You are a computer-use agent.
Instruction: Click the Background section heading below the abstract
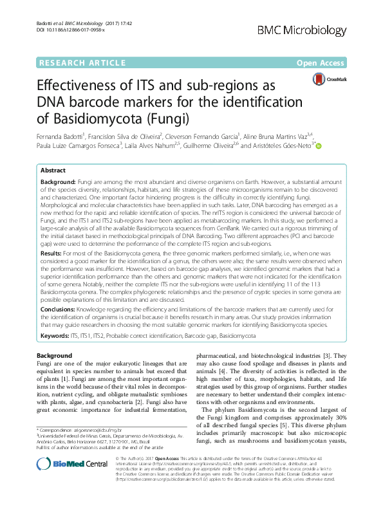(x=54, y=356)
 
